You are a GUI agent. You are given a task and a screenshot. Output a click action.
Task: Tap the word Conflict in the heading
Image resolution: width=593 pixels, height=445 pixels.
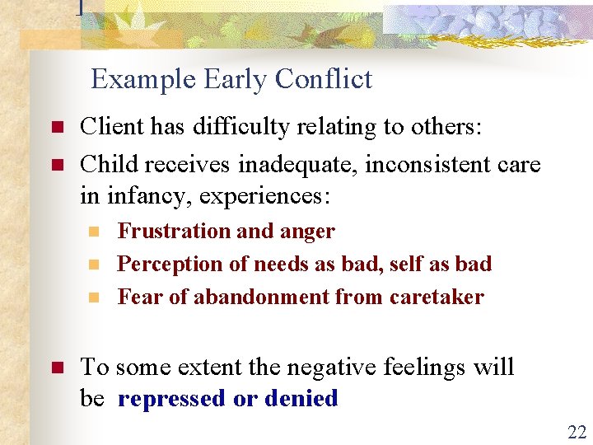pyautogui.click(x=324, y=79)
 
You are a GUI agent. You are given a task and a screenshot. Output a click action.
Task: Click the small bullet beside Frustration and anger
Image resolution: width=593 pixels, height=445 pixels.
pyautogui.click(x=96, y=232)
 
